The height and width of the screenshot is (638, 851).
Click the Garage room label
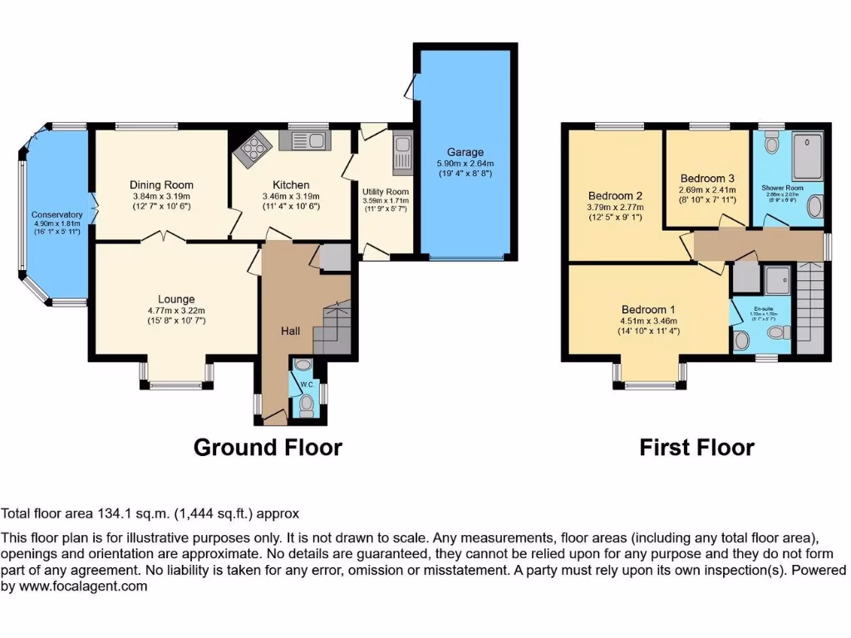point(465,152)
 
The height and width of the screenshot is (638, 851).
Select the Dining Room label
point(161,184)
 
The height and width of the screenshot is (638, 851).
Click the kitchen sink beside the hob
point(305,141)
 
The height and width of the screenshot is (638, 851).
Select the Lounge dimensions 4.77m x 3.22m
point(176,311)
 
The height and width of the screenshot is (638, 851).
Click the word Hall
point(290,331)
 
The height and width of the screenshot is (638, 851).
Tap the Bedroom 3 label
point(707,178)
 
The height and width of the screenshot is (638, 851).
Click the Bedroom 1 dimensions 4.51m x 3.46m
point(649,322)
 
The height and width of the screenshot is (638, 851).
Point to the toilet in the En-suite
point(779,332)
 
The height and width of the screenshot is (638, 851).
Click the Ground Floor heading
point(268,448)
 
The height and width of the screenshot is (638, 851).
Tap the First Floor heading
point(696,448)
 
